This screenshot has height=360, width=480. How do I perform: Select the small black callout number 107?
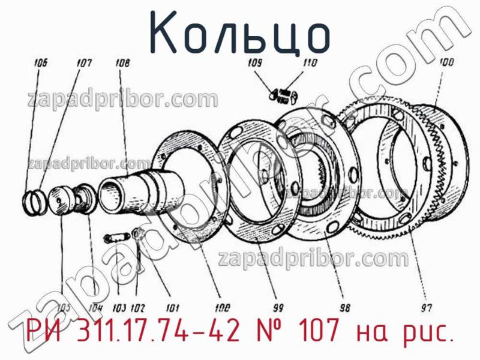pos(83,61)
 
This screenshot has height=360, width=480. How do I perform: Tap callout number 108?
pos(123,61)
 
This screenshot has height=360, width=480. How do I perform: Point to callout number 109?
pos(254,63)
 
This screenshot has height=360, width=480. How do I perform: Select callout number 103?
pos(119,308)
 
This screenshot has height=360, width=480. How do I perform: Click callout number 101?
pos(172,308)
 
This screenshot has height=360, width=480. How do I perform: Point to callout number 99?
pos(277,308)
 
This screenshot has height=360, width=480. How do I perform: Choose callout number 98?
pos(344,308)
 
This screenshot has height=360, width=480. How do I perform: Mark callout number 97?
pos(426,308)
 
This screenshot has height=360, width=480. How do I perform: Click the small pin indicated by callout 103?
pos(115,238)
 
